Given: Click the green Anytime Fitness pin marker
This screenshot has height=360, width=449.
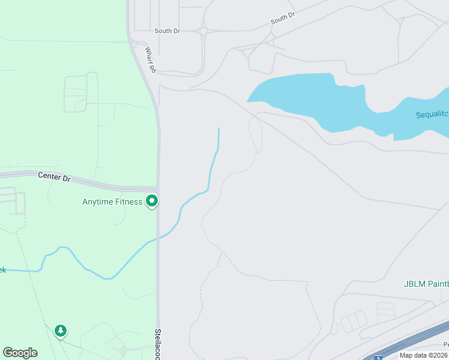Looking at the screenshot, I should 152,202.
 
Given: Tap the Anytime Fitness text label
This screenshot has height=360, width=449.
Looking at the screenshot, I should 112,202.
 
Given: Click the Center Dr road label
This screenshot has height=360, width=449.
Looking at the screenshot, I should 54,176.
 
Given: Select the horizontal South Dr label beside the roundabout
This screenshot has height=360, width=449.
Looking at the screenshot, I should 167,31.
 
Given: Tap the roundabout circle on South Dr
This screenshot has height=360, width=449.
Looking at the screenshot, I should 203,31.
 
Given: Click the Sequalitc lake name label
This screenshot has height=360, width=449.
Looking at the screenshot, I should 432,115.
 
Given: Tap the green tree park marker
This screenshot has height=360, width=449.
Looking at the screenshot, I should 60,331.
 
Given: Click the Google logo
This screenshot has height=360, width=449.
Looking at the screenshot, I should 20,353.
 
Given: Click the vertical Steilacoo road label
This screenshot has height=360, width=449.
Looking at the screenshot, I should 158,343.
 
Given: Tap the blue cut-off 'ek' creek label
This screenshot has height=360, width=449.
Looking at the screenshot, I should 2,270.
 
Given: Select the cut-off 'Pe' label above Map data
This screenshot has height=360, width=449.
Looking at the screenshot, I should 446,344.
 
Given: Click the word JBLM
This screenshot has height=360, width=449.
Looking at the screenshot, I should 412,284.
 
